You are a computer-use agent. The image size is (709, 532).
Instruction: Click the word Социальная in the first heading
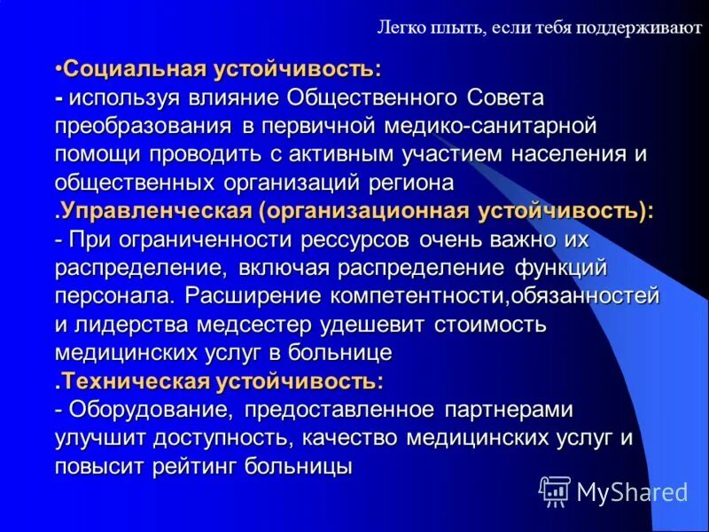tap(135, 69)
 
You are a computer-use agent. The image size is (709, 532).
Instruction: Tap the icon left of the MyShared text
tap(555, 489)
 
